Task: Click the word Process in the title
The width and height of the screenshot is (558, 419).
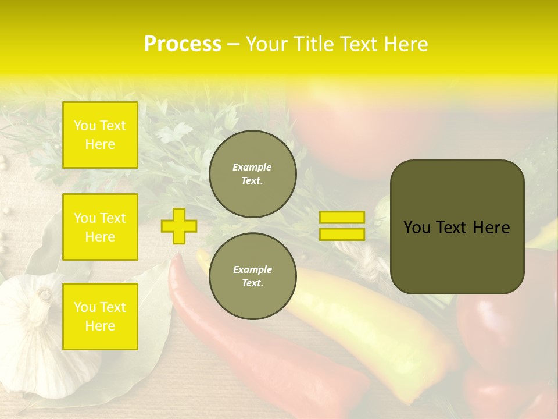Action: click(x=183, y=44)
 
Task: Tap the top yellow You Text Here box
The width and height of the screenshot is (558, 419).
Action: click(x=100, y=135)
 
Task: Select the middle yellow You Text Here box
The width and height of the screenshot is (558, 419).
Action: click(x=100, y=227)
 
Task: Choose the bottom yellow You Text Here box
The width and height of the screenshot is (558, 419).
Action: click(x=100, y=316)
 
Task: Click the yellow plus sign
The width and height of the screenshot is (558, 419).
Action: click(x=178, y=226)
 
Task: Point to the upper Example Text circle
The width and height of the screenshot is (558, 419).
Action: click(x=252, y=174)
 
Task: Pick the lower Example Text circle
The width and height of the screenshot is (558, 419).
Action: click(x=252, y=276)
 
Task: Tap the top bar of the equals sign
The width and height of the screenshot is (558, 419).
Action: click(x=342, y=218)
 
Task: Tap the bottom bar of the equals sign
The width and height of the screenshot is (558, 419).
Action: click(x=342, y=234)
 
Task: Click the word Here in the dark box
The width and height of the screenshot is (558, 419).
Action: click(x=492, y=228)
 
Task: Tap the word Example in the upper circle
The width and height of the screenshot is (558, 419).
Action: click(x=252, y=167)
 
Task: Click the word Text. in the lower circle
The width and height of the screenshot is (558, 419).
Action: click(x=252, y=283)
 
